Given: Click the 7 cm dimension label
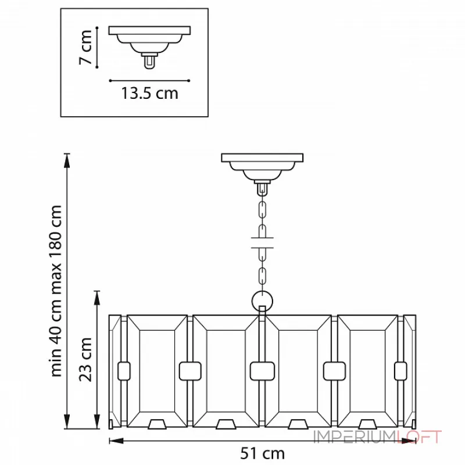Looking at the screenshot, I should (x=85, y=46).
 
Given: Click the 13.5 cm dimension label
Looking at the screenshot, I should (x=150, y=93).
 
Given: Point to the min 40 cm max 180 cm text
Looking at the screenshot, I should (x=56, y=291).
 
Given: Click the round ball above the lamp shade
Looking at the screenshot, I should (x=263, y=301).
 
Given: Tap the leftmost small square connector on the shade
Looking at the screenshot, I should (x=123, y=370).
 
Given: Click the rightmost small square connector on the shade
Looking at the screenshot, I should (x=400, y=370).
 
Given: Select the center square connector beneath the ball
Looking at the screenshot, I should (x=262, y=370).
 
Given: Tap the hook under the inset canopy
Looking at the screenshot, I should (x=150, y=60).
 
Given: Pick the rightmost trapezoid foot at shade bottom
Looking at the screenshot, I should (x=367, y=424).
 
